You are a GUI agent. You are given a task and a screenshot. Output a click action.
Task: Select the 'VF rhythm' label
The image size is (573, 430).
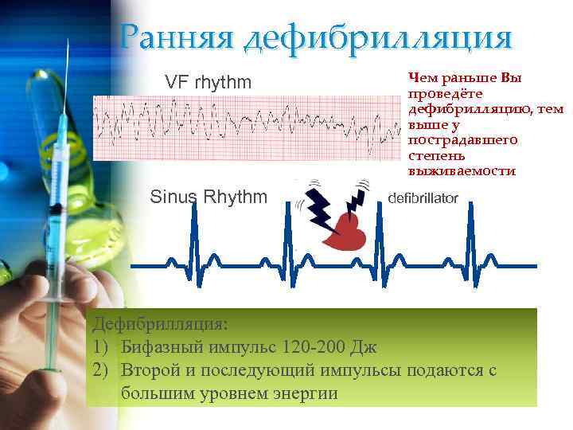click(208, 82)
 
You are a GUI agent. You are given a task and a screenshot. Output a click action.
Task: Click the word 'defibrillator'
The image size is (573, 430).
click(422, 198)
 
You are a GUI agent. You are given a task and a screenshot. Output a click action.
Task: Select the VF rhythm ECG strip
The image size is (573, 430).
click(247, 127)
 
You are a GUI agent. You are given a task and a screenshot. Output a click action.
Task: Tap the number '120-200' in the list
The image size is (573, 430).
click(314, 347)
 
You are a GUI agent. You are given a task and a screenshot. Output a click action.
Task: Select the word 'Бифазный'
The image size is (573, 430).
click(163, 347)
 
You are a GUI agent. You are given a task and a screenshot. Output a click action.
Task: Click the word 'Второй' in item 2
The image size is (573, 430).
click(153, 370)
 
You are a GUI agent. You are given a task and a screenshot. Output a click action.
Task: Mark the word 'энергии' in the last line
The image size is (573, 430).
click(306, 393)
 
